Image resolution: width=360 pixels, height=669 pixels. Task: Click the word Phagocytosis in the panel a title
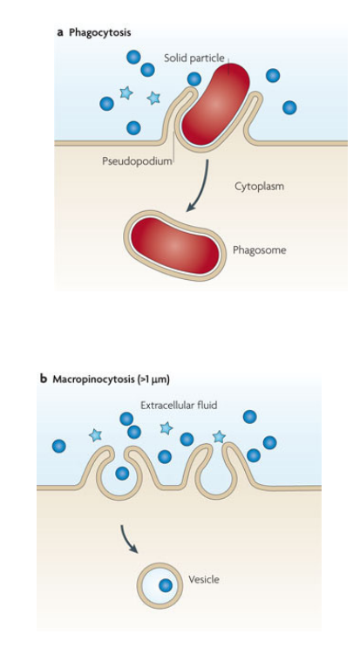[98, 32]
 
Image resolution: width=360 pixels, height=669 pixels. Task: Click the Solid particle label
[194, 57]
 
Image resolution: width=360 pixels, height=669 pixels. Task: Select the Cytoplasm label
[259, 186]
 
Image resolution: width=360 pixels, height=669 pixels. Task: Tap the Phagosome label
[259, 250]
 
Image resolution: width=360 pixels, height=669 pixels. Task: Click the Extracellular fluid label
[179, 406]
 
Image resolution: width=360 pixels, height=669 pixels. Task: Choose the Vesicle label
[204, 579]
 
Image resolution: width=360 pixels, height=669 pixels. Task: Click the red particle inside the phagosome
[173, 248]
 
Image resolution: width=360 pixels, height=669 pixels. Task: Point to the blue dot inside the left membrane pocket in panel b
[122, 473]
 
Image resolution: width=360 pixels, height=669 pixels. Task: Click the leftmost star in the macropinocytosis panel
[95, 434]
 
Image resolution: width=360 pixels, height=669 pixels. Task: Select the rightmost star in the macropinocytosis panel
[219, 435]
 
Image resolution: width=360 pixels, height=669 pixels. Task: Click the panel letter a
[60, 32]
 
